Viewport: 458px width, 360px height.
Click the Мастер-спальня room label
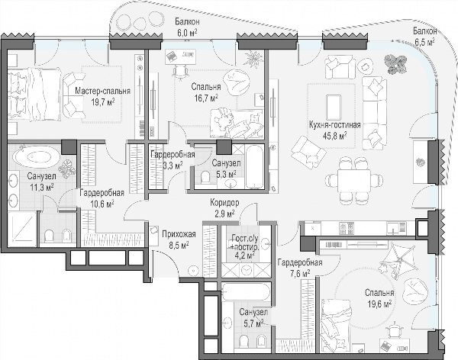coord(102,91)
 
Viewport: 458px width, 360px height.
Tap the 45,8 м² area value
coord(335,135)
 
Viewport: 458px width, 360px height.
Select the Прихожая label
coord(179,234)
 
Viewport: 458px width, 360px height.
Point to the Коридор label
coord(224,202)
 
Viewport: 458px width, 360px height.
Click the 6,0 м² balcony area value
coord(187,32)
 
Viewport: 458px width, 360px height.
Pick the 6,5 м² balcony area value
coord(424,42)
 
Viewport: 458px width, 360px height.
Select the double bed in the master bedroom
coord(34,95)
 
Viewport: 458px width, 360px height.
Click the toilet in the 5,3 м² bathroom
coord(205,177)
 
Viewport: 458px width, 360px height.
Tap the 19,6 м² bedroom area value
coord(379,304)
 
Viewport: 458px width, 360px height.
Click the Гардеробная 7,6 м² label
coord(300,268)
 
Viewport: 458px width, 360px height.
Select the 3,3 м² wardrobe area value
coord(173,166)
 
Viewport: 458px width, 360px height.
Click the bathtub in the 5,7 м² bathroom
coord(246,291)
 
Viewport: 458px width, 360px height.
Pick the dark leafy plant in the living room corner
coord(395,63)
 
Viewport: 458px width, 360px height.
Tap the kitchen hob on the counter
coord(347,228)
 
